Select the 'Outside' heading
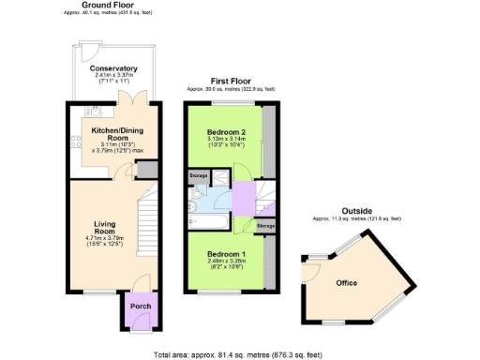[x=356, y=211]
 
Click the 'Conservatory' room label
[x=113, y=68]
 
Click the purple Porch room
[x=139, y=307]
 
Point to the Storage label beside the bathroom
[x=199, y=175]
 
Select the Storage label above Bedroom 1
[x=265, y=226]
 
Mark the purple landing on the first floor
[x=242, y=199]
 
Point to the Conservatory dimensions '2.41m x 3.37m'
[x=113, y=76]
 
